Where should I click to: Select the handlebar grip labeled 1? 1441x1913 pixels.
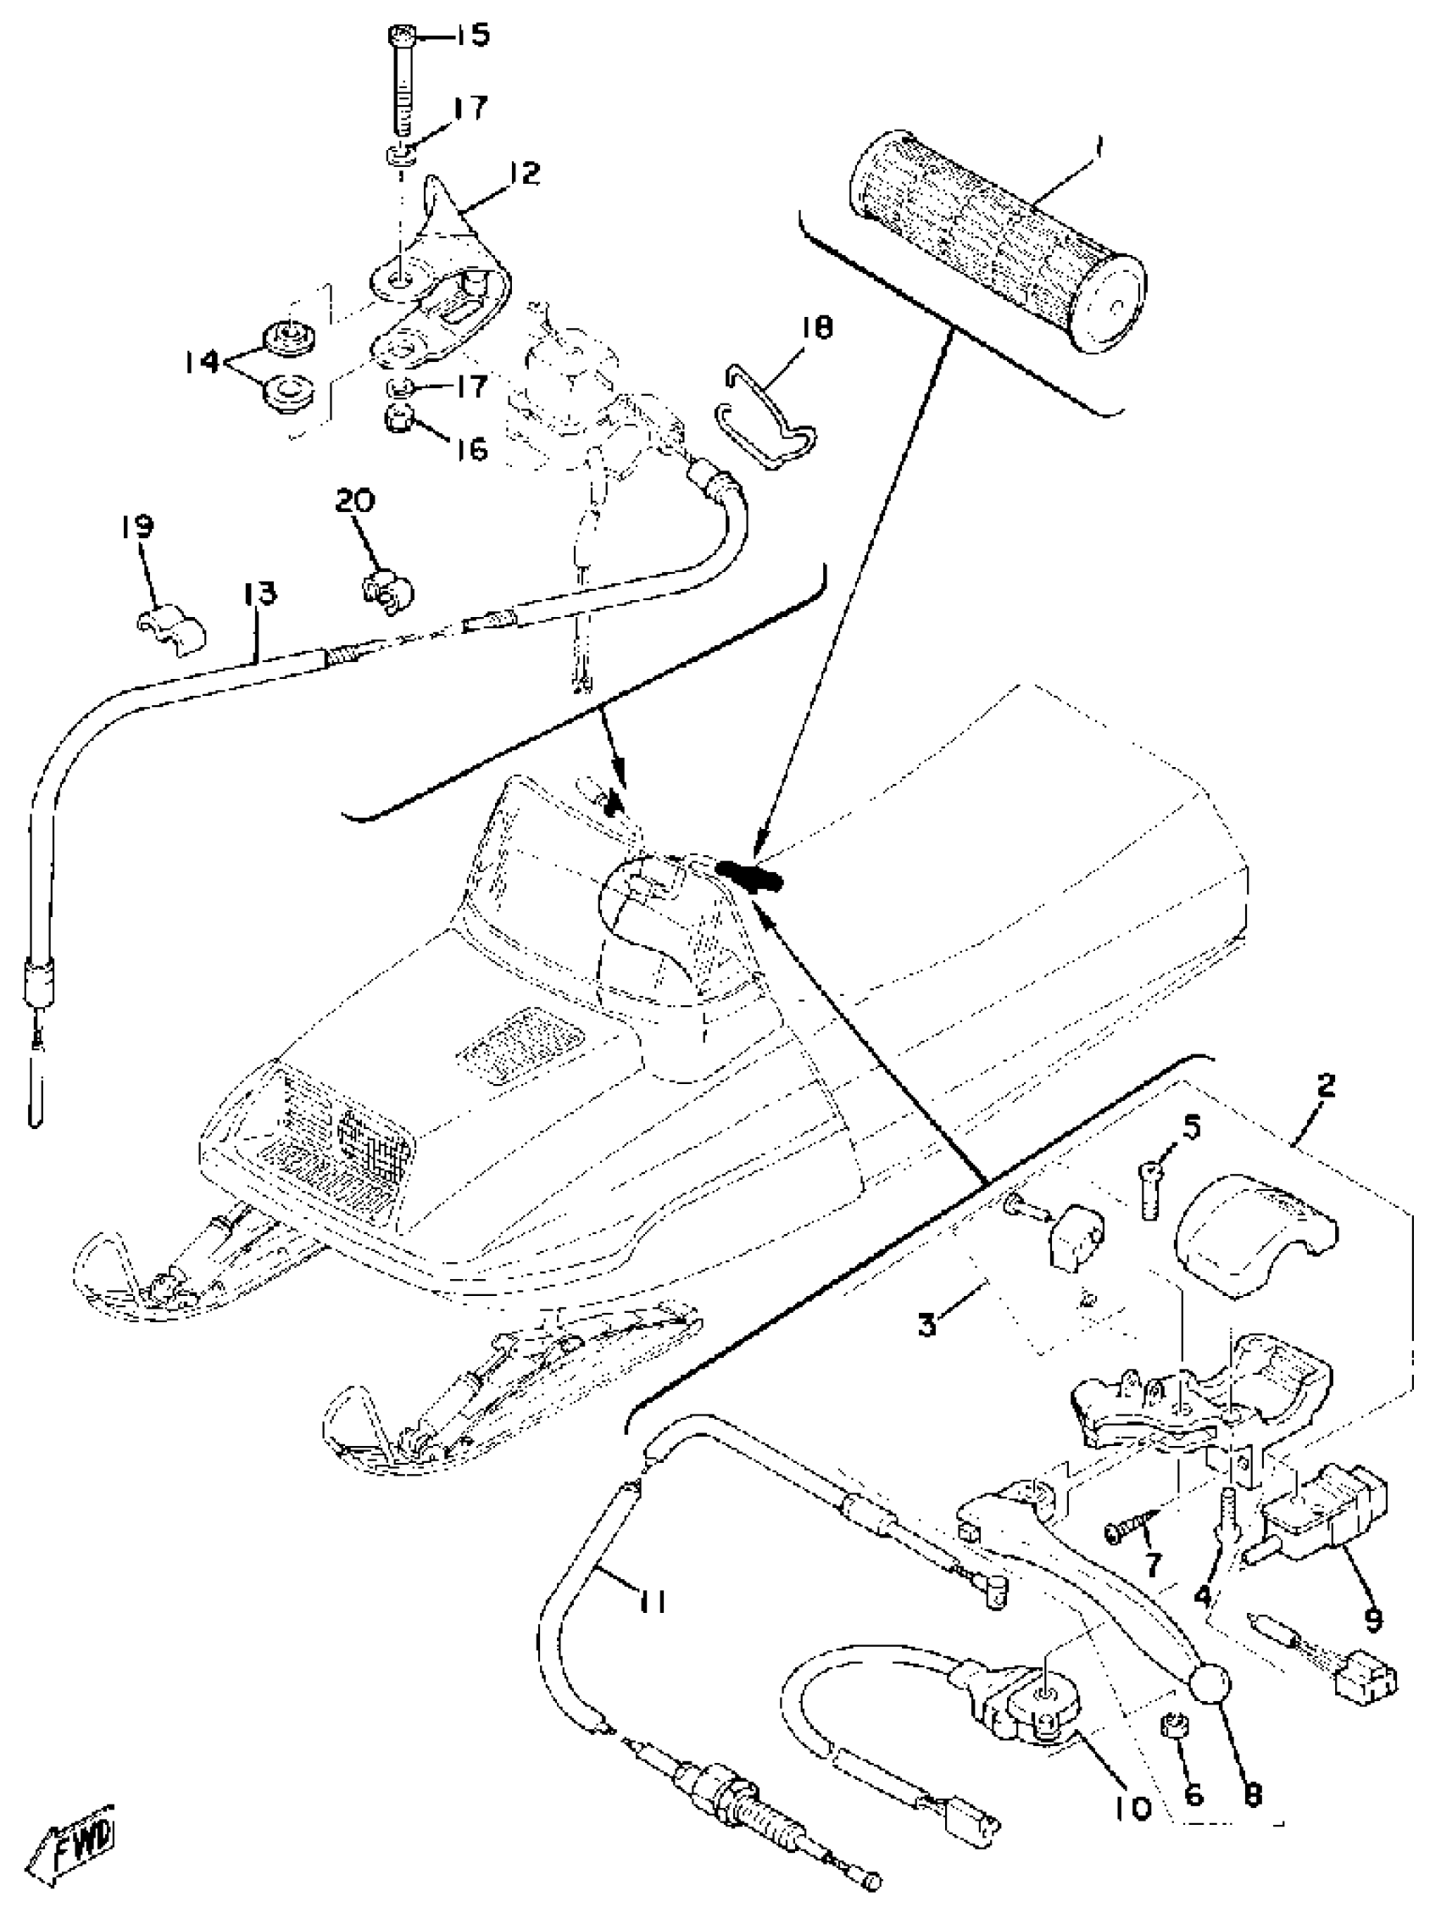click(x=999, y=240)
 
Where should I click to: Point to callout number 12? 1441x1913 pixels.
click(x=521, y=173)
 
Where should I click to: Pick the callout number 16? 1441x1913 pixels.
click(x=472, y=449)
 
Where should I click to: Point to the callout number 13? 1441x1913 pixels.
click(x=259, y=593)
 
